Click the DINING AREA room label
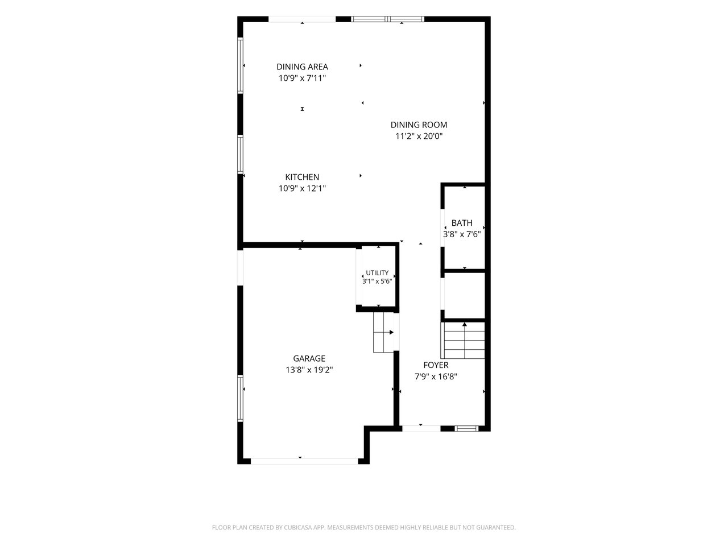[x=302, y=67]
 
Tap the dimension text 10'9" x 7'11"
[x=302, y=78]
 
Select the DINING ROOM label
[x=419, y=125]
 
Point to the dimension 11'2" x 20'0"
[x=419, y=136]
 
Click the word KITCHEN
[x=302, y=177]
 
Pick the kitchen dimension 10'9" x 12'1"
[x=302, y=188]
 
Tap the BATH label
[x=462, y=223]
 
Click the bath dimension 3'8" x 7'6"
[x=462, y=234]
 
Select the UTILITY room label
[x=377, y=273]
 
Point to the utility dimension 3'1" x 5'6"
[x=377, y=282]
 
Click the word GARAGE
[x=309, y=358]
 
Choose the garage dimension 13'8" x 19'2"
[x=309, y=370]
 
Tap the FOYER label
[x=436, y=365]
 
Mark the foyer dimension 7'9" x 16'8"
[x=436, y=377]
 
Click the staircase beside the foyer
[x=464, y=340]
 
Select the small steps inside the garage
[x=383, y=332]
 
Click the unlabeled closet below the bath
[x=464, y=296]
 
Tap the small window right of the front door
[x=466, y=428]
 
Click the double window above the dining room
[x=387, y=19]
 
